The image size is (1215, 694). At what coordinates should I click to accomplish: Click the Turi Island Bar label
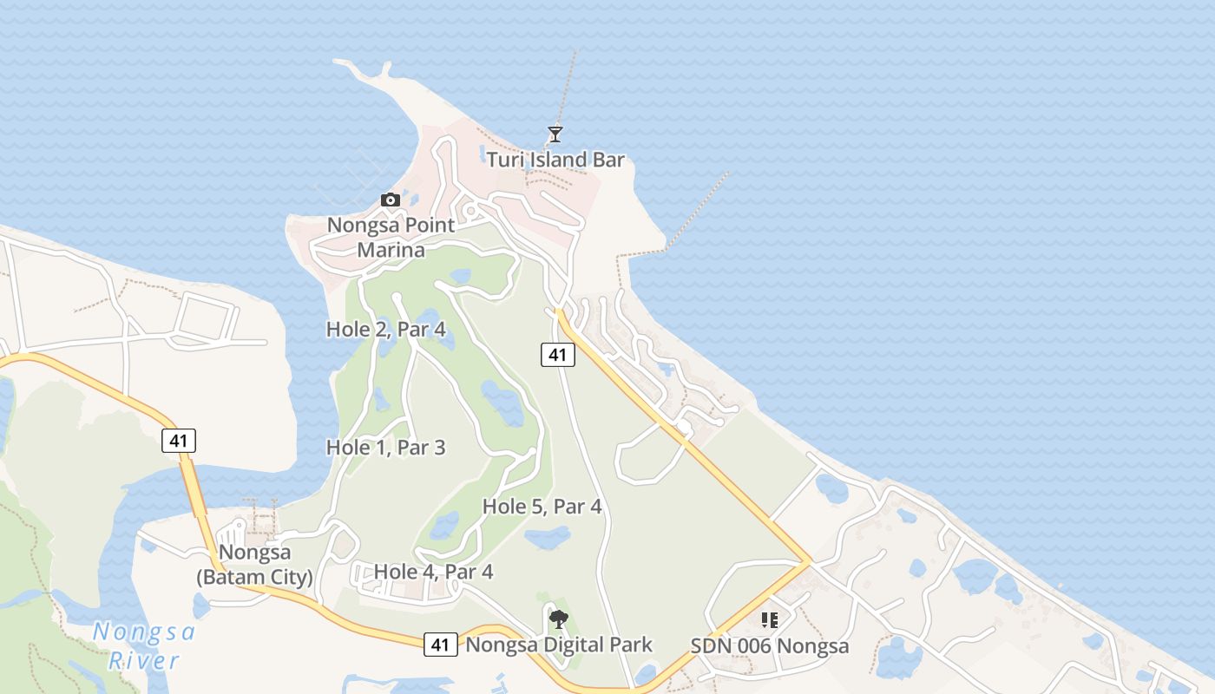tap(555, 160)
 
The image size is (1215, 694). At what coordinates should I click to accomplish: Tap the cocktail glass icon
tap(555, 134)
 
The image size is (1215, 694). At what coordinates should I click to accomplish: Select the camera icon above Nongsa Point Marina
tap(391, 200)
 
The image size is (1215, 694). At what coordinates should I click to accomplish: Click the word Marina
tap(391, 251)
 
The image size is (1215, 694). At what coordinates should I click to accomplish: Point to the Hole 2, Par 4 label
tap(386, 330)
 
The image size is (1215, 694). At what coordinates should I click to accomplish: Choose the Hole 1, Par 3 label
tap(386, 448)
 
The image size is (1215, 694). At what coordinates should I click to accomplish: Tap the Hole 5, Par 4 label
tap(542, 507)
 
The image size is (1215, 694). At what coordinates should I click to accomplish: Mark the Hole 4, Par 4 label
tap(433, 572)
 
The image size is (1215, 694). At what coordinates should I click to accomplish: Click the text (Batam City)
tap(254, 577)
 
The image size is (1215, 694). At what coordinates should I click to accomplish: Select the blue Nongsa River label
tap(144, 646)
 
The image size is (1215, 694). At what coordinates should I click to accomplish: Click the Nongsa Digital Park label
tap(559, 645)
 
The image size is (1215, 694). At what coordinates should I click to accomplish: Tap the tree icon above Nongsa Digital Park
tap(559, 619)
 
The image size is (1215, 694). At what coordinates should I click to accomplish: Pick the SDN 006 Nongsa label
tap(770, 646)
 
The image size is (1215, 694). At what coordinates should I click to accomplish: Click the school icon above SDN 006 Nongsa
tap(769, 620)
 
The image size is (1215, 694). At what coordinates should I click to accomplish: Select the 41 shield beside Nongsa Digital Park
tap(441, 645)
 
